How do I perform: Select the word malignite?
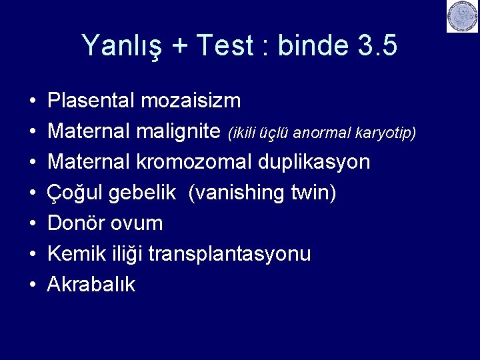point(179,131)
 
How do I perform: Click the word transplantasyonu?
point(229,254)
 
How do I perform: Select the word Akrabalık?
point(91,285)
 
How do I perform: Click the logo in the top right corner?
point(462,17)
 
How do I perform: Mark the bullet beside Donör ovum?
point(32,223)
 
